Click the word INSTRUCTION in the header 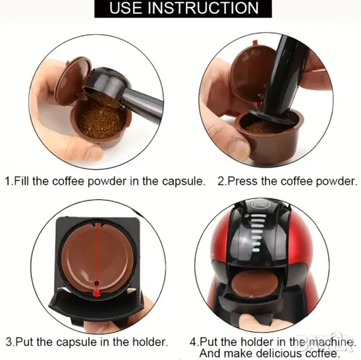[203, 8]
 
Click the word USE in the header [126, 8]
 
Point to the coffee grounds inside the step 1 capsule [102, 121]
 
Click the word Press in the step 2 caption [242, 181]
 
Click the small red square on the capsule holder [97, 293]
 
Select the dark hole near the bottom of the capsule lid [96, 283]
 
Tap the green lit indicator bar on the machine [256, 250]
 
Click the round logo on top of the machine [258, 204]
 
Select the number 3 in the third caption [9, 342]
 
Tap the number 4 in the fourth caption [193, 342]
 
